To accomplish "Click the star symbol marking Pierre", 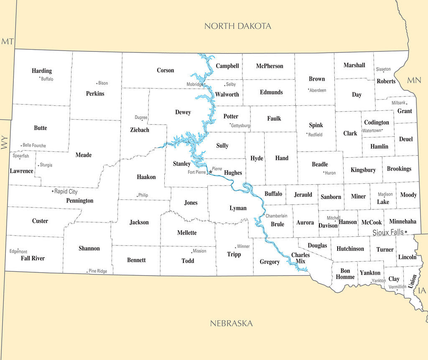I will click(x=211, y=171).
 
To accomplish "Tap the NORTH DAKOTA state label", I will click(x=237, y=26).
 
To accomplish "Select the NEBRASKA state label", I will click(x=231, y=323).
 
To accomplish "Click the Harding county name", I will click(x=42, y=71).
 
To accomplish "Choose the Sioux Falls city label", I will click(x=388, y=232).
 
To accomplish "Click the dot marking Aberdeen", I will click(x=308, y=89).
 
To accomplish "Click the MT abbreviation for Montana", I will click(x=8, y=41).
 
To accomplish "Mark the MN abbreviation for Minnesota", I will click(x=414, y=80).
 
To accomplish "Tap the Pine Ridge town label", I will click(x=98, y=271).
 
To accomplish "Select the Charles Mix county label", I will click(x=301, y=258).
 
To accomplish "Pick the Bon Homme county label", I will click(x=345, y=274).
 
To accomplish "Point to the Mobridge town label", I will click(x=195, y=84).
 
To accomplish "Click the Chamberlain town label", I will click(x=277, y=216).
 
